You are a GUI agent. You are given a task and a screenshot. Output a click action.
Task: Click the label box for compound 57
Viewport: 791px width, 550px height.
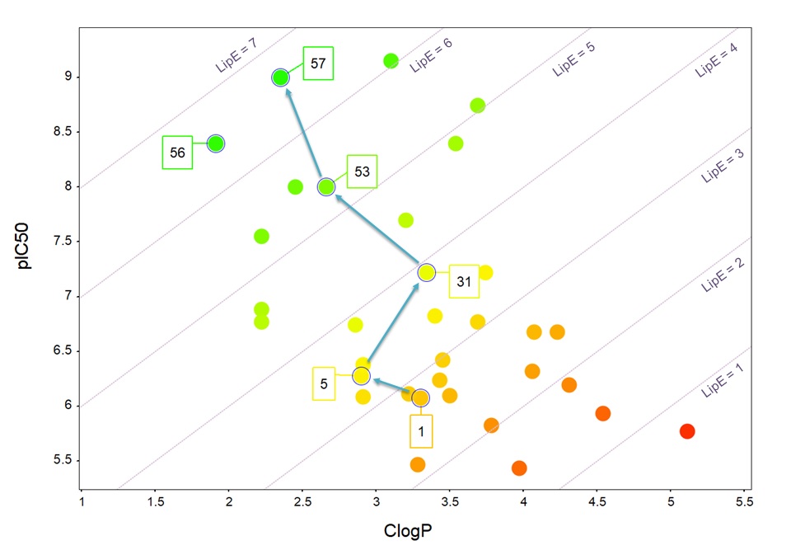click(317, 63)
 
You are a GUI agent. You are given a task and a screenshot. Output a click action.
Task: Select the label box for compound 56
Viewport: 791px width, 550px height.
click(177, 153)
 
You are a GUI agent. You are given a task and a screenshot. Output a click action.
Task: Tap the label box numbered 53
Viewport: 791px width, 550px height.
click(362, 172)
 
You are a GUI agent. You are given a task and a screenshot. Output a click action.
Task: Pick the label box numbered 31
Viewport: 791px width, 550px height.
click(464, 282)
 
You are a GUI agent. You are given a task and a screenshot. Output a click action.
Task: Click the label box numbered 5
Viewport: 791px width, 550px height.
click(324, 384)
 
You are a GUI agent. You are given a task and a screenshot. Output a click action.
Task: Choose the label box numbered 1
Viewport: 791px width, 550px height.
click(421, 430)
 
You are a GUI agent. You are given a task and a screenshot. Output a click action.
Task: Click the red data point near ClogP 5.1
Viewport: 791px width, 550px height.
click(687, 431)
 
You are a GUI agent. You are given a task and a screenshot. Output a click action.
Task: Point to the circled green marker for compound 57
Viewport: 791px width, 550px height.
click(281, 78)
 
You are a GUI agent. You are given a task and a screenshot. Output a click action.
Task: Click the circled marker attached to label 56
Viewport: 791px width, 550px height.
click(216, 143)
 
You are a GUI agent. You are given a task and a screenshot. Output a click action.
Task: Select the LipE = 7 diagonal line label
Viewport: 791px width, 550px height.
click(237, 56)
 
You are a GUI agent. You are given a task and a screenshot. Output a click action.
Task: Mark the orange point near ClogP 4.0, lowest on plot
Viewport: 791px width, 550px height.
click(519, 468)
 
